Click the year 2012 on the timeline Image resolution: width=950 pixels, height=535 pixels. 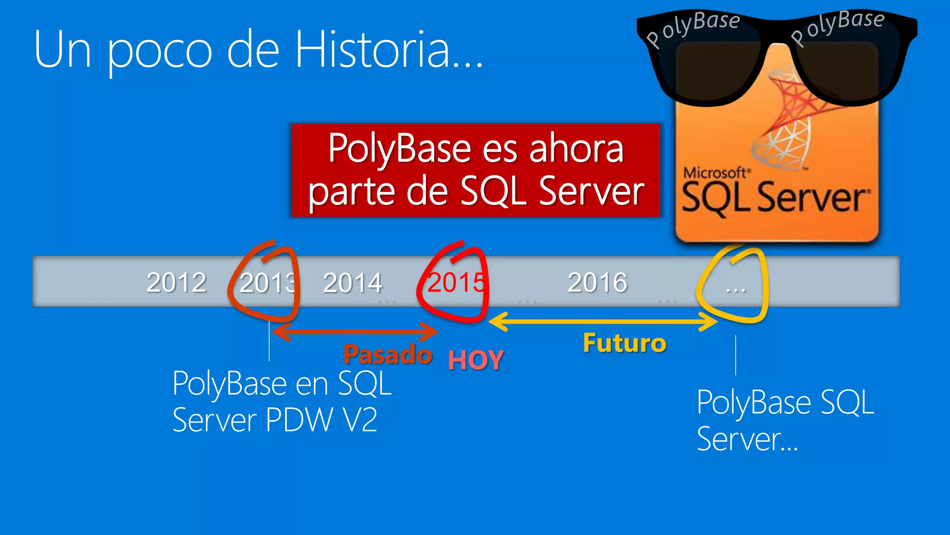pos(176,282)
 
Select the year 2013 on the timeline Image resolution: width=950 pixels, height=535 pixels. pos(267,282)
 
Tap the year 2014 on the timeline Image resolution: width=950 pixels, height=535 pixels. pos(353,282)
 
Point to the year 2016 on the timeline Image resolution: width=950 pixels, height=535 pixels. pos(597,282)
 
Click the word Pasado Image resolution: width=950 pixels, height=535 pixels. pos(388,355)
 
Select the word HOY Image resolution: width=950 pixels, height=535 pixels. pos(476,360)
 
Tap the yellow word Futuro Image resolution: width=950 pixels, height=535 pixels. pos(624,344)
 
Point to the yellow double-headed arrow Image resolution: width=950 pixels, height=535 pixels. pos(603,321)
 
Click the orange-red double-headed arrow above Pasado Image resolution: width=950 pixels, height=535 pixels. pos(355,332)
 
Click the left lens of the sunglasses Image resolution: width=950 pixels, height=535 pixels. pos(717,70)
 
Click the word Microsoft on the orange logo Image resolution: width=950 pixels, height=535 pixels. pos(715,173)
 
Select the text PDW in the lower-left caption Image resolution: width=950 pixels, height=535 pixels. pos(299,420)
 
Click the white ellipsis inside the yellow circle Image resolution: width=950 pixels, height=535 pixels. pos(736,289)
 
